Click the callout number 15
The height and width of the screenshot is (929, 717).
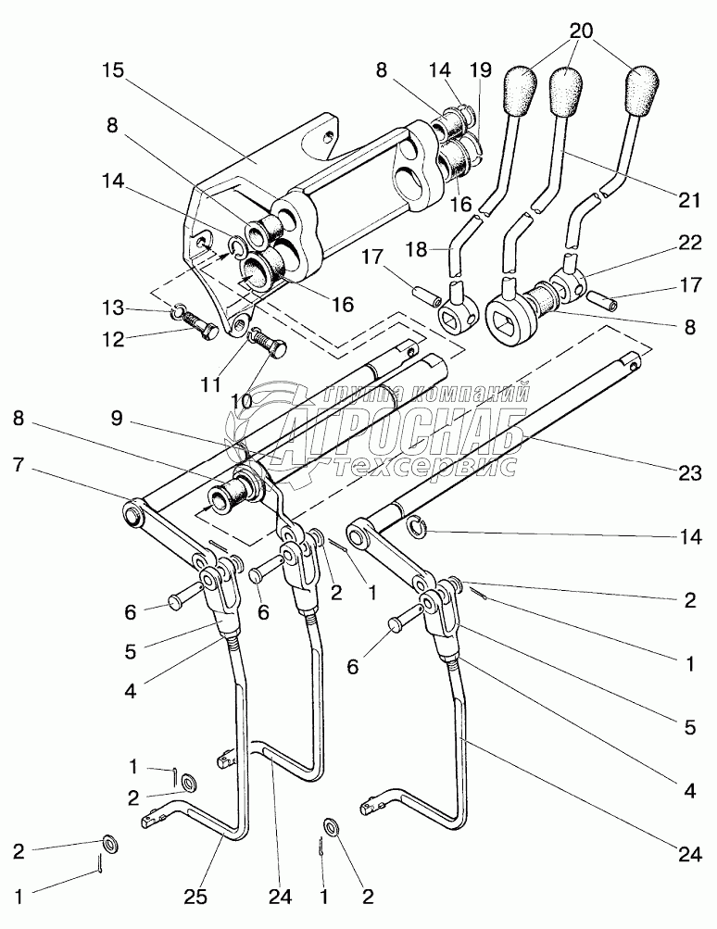point(113,69)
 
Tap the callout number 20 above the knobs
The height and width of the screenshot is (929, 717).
point(582,31)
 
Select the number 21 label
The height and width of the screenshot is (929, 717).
point(689,199)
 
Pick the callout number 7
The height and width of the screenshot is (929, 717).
point(19,465)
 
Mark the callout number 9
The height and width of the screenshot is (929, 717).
point(116,419)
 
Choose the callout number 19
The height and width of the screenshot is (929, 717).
point(481,69)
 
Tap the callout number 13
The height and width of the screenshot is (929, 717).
point(112,308)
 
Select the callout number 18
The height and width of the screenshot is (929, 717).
point(417,249)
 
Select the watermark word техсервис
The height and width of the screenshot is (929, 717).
point(425,466)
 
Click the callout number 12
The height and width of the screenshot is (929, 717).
point(112,340)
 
